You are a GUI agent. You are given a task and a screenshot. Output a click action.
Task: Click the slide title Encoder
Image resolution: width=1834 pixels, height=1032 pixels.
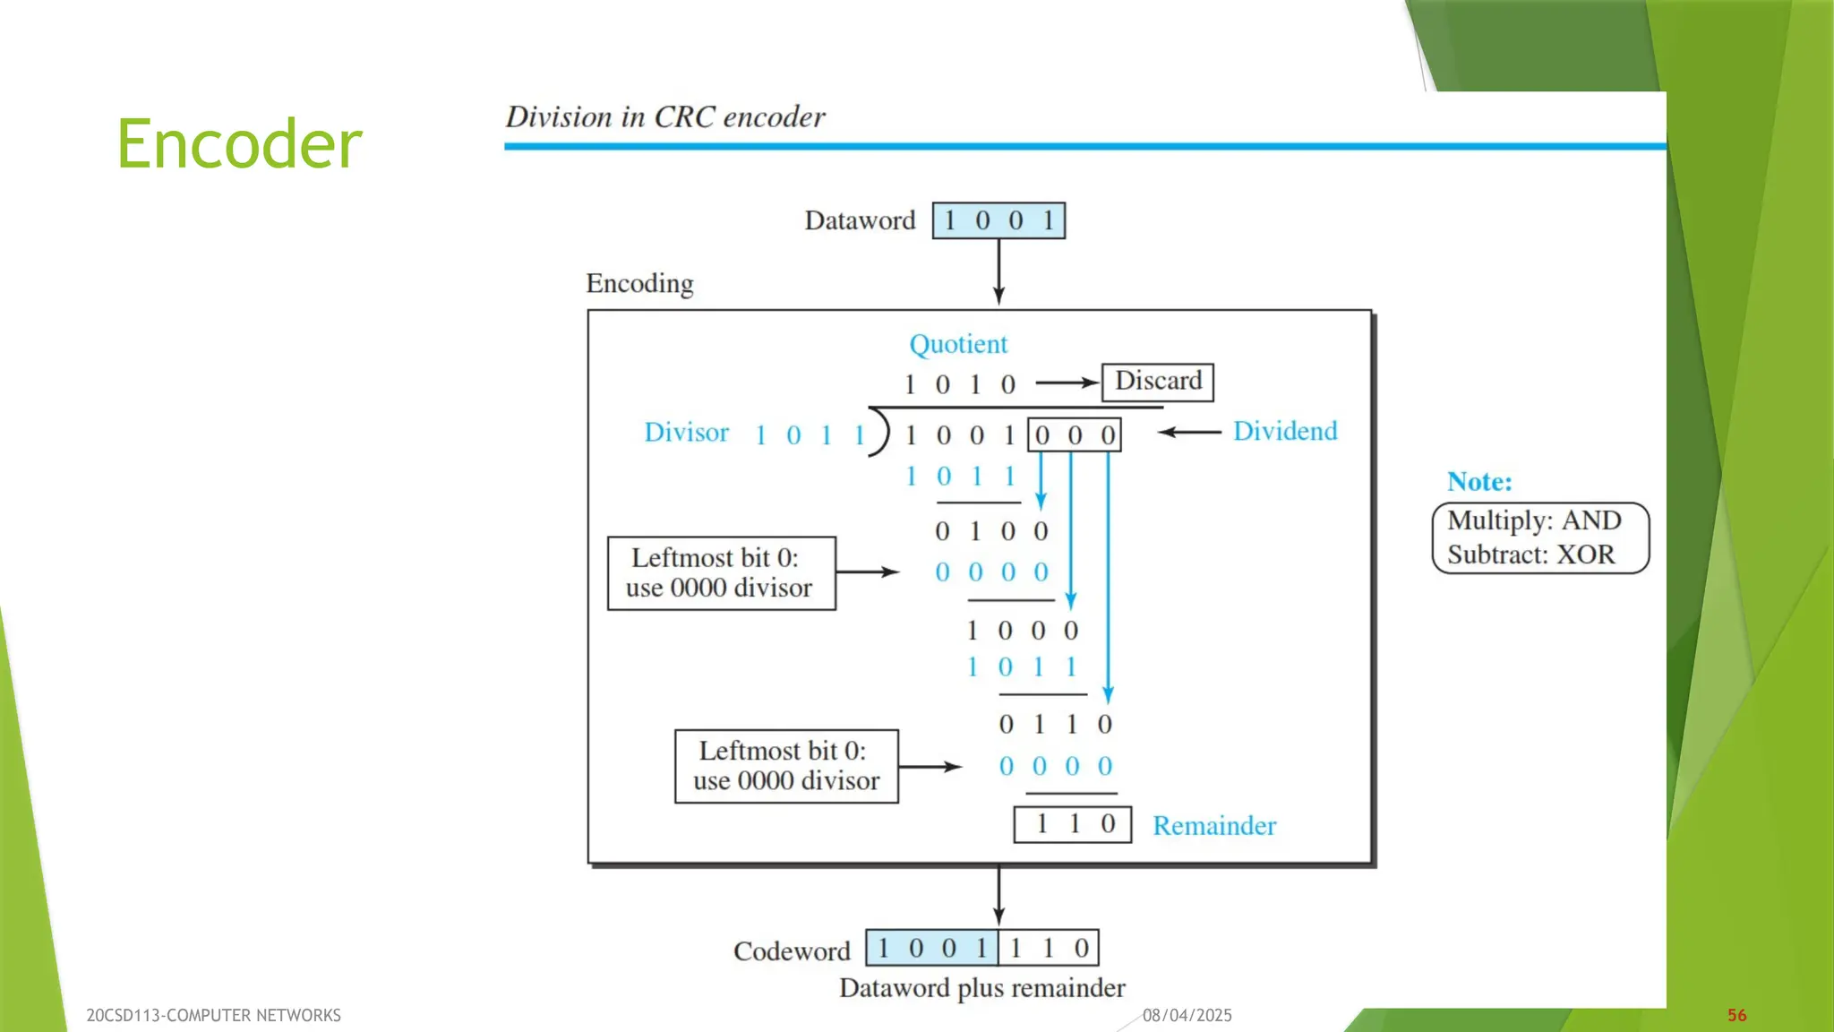point(239,144)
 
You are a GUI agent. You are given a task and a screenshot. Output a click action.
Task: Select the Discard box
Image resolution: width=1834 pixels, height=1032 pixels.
point(1157,382)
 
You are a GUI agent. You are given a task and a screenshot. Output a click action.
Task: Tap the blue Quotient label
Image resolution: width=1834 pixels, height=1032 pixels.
point(958,344)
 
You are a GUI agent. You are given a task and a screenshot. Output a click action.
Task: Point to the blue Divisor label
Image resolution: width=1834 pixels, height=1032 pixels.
point(687,433)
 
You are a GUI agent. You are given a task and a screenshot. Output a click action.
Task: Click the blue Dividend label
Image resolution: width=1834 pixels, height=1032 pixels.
point(1285,431)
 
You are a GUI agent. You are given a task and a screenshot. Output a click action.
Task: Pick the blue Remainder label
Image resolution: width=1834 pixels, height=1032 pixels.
point(1214,825)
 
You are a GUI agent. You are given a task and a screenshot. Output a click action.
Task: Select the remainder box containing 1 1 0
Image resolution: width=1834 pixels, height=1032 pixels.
point(1073,824)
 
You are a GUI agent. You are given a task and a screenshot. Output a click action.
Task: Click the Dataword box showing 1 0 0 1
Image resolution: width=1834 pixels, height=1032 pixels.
point(998,220)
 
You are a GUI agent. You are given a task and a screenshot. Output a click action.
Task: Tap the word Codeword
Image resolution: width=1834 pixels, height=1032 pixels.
point(792,950)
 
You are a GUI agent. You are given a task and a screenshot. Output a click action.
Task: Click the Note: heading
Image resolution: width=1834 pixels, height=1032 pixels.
point(1479,482)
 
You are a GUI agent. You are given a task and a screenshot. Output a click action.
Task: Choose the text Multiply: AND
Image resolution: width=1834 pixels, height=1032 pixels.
point(1534,520)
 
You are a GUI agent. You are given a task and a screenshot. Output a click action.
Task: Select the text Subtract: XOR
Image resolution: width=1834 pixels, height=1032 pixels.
point(1531,555)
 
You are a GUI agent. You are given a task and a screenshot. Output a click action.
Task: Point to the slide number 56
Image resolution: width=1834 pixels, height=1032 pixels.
point(1736,1015)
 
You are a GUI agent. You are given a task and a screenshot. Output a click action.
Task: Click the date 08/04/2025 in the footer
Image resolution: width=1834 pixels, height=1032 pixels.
point(1187,1015)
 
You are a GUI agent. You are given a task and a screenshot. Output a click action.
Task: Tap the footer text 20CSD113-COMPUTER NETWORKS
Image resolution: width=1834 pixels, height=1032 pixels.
point(213,1015)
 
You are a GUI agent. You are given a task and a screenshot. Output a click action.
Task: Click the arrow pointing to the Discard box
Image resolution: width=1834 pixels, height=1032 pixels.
point(1067,383)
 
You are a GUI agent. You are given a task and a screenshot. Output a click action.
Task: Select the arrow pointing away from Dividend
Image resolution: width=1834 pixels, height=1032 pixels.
point(1189,432)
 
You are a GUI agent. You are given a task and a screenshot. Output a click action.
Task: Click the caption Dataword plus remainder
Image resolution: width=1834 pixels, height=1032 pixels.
point(981,988)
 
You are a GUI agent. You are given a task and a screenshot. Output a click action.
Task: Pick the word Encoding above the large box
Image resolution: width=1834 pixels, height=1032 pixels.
point(639,284)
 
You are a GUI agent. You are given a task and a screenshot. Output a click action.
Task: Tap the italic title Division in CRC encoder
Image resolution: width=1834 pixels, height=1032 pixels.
point(665,117)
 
